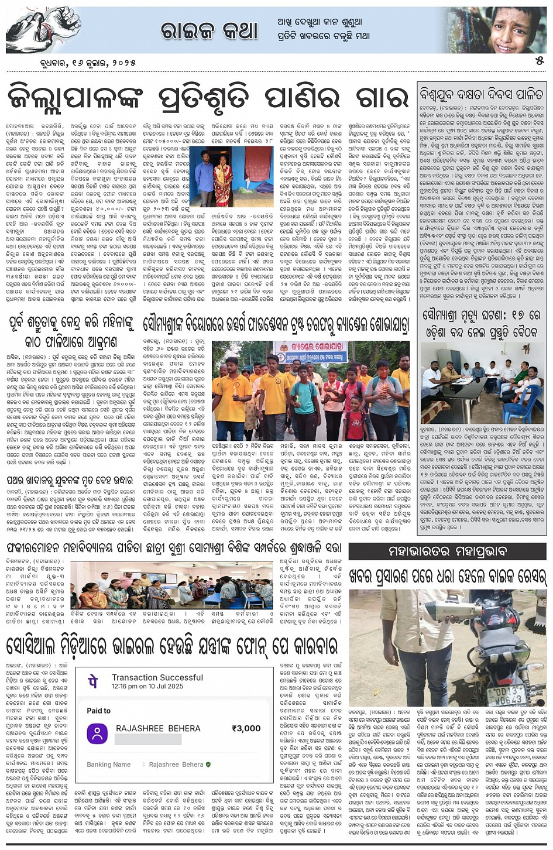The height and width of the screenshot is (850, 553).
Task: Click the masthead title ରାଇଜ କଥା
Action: pos(209,30)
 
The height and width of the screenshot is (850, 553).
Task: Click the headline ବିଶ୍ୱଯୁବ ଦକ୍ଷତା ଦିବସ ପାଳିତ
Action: pos(481,94)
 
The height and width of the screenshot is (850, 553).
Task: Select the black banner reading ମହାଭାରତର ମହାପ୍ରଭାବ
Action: pos(447,551)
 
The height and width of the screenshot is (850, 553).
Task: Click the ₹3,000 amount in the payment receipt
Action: pos(246,728)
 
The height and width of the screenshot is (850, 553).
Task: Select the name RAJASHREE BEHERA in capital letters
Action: pos(158,728)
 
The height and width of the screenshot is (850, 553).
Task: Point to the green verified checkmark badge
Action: pos(208,765)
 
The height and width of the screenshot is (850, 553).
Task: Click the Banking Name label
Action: pos(109,765)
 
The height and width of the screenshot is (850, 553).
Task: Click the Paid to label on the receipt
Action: pos(98,711)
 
